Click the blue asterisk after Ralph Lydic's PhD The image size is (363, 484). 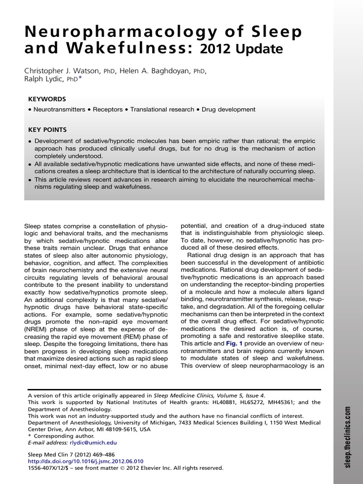(x=80, y=78)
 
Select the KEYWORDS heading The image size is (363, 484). (x=47, y=99)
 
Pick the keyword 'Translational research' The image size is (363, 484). (x=162, y=109)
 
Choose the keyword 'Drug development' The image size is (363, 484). (x=228, y=109)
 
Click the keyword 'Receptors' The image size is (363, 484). (x=107, y=109)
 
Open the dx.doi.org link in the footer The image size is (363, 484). (x=86, y=461)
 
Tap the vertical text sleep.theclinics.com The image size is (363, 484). (x=348, y=437)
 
